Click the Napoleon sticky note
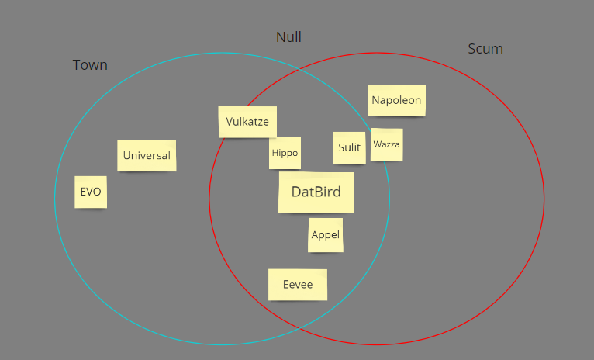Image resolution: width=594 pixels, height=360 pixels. click(396, 100)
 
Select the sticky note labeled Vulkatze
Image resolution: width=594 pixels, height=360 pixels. click(247, 122)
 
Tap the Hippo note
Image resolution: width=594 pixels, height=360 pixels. click(285, 153)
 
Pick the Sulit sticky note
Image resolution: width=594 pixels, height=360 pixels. click(350, 147)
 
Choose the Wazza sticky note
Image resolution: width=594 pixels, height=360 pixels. click(386, 144)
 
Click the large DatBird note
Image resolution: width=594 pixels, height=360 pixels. click(316, 192)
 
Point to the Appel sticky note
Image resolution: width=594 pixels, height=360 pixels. click(325, 235)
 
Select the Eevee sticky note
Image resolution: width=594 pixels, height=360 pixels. click(298, 285)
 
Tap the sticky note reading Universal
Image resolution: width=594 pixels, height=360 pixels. click(147, 155)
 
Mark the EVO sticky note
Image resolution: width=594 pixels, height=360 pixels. click(91, 192)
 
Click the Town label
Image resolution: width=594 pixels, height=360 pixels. click(90, 65)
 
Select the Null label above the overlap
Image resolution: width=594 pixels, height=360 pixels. click(288, 37)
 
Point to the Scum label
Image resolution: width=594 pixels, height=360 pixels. click(485, 49)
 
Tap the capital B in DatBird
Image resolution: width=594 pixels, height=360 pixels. click(319, 192)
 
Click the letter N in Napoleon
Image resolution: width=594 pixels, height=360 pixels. click(376, 100)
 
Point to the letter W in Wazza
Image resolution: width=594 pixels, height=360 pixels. click(377, 144)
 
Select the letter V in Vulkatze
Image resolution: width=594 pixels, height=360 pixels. click(230, 122)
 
